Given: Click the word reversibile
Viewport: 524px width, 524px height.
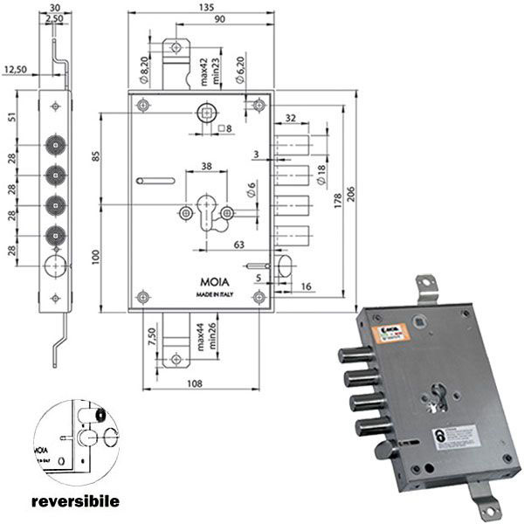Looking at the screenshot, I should (x=74, y=503).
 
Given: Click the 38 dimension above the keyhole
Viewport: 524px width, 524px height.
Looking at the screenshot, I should (x=206, y=166).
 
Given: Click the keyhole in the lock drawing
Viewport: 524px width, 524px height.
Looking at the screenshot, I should (x=207, y=214).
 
